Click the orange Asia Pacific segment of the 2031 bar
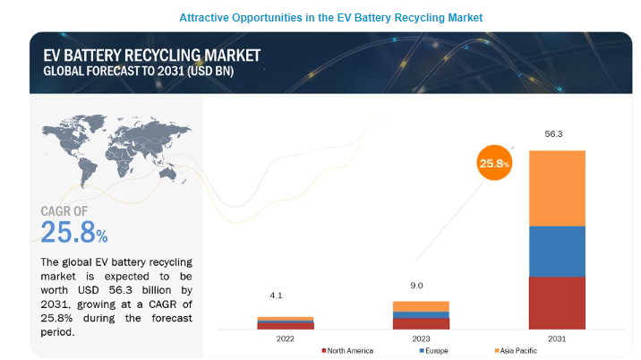click(x=557, y=188)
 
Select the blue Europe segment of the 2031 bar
click(x=557, y=252)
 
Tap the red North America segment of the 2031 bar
click(x=557, y=303)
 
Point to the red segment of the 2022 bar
click(x=286, y=326)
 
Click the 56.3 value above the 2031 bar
click(x=554, y=134)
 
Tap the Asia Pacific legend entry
click(x=517, y=350)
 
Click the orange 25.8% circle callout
click(x=493, y=164)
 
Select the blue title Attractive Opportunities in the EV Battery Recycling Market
click(x=320, y=17)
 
